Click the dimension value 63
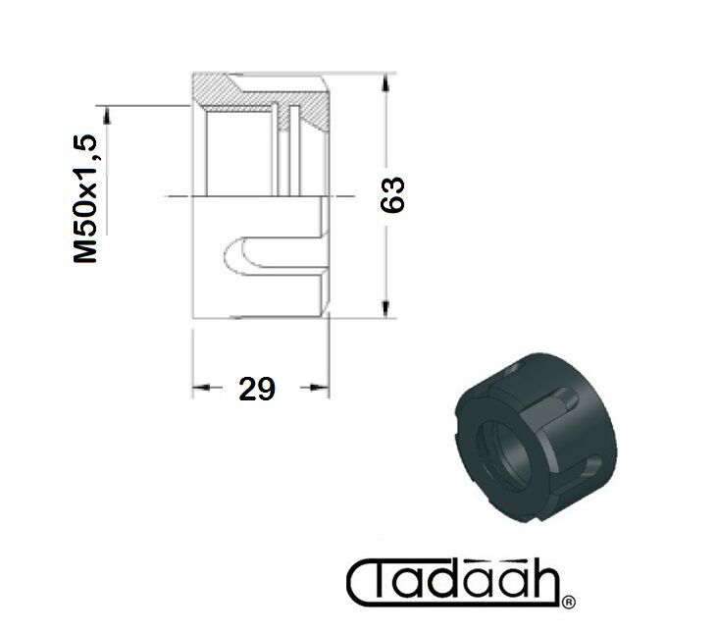pyautogui.click(x=392, y=194)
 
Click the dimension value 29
pyautogui.click(x=257, y=389)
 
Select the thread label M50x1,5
pyautogui.click(x=85, y=198)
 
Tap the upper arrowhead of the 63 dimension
pyautogui.click(x=386, y=83)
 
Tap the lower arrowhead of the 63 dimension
pyautogui.click(x=386, y=308)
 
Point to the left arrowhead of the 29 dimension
pyautogui.click(x=201, y=388)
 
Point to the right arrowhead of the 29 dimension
pyautogui.click(x=320, y=388)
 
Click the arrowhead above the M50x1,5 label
pyautogui.click(x=107, y=115)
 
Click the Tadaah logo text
pyautogui.click(x=453, y=582)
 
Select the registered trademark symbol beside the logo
pyautogui.click(x=568, y=602)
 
